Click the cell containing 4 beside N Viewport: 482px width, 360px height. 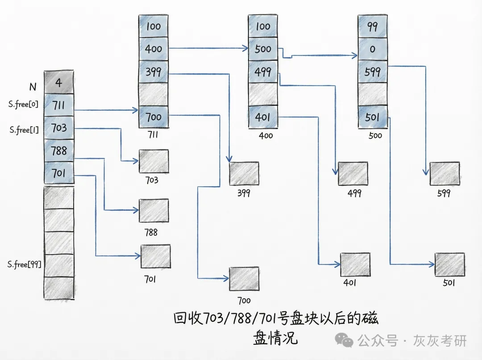coord(59,82)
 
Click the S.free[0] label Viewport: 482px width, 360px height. coord(23,105)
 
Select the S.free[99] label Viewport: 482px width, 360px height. coord(25,264)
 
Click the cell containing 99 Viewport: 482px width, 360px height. coord(373,26)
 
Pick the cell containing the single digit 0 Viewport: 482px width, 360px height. coord(373,49)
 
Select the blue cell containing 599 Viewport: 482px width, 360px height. coord(373,71)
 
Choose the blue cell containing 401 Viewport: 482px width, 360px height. coord(263,117)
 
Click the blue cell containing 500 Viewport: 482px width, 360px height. coord(263,49)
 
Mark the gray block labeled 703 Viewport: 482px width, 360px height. coord(154,161)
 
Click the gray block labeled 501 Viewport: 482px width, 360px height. coord(449,264)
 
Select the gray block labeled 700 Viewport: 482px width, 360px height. coord(244,279)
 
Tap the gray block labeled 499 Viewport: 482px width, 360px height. coord(353,174)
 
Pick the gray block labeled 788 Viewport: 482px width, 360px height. coord(154,210)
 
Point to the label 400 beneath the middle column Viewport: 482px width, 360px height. coord(266,135)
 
